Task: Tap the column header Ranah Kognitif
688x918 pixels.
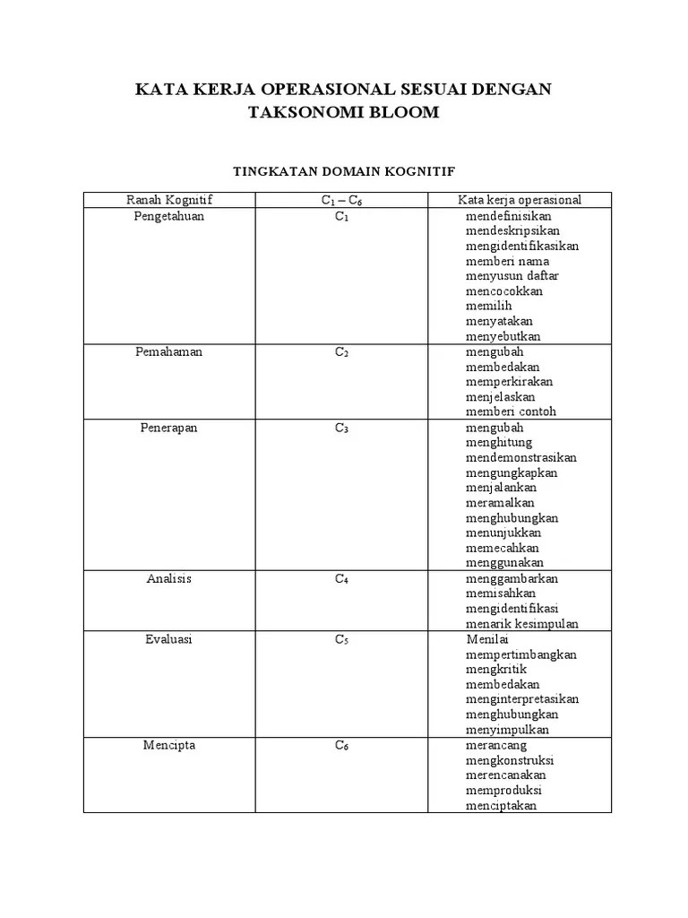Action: pos(169,200)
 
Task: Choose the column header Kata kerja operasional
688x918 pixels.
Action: pos(520,200)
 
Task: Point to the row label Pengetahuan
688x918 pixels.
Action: pos(169,216)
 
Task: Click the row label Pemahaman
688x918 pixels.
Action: pos(169,352)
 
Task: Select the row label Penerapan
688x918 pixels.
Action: pos(169,428)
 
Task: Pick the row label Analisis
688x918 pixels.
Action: pos(169,578)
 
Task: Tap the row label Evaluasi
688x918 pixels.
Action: pos(169,639)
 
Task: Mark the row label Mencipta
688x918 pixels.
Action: pos(169,745)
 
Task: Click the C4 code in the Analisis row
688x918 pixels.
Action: pos(341,579)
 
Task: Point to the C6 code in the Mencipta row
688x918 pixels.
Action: pos(341,746)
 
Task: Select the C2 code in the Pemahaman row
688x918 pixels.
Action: pos(341,353)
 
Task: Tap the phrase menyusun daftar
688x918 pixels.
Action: pos(512,276)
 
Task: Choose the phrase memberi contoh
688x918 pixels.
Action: pos(511,412)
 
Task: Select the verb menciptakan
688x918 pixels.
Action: pos(501,805)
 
